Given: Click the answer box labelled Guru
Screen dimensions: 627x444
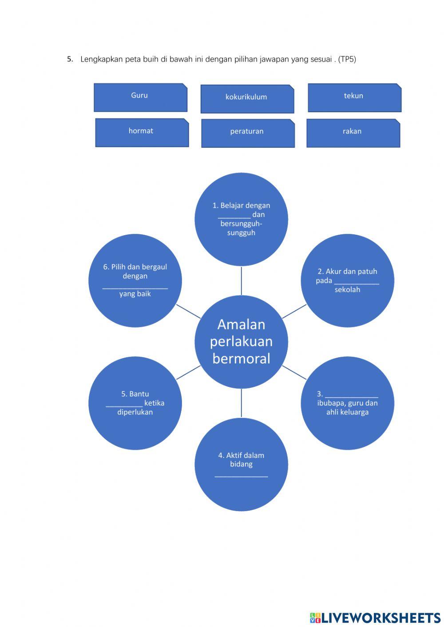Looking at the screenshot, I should (x=140, y=97).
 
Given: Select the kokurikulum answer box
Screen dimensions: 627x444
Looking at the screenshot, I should (x=247, y=99).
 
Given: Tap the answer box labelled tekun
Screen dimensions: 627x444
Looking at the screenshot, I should (x=354, y=98).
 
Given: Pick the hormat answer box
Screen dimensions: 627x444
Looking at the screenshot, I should (x=142, y=132).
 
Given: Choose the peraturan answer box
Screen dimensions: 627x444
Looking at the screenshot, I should (x=248, y=133).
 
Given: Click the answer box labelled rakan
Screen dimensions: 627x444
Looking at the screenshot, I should (x=353, y=133).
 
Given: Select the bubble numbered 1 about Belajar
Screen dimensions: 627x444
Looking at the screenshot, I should (x=241, y=219).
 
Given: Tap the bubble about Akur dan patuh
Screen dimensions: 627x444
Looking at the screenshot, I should (x=347, y=280).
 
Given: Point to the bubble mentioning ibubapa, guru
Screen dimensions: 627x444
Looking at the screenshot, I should (x=347, y=403).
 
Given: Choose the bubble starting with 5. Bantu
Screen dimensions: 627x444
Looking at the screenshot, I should (x=135, y=403).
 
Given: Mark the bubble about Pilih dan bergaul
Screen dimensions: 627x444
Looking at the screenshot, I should (x=135, y=280).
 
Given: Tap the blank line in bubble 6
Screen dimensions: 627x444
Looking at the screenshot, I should (x=135, y=288).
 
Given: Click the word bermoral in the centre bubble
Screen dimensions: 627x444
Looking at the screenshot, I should (x=241, y=359).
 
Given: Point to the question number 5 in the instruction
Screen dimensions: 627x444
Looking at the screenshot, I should (x=70, y=59).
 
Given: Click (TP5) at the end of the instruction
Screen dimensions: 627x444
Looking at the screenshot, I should (x=347, y=59).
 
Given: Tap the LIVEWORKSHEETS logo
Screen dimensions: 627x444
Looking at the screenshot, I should (x=375, y=617).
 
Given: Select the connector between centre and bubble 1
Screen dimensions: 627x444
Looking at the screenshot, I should (x=241, y=281).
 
